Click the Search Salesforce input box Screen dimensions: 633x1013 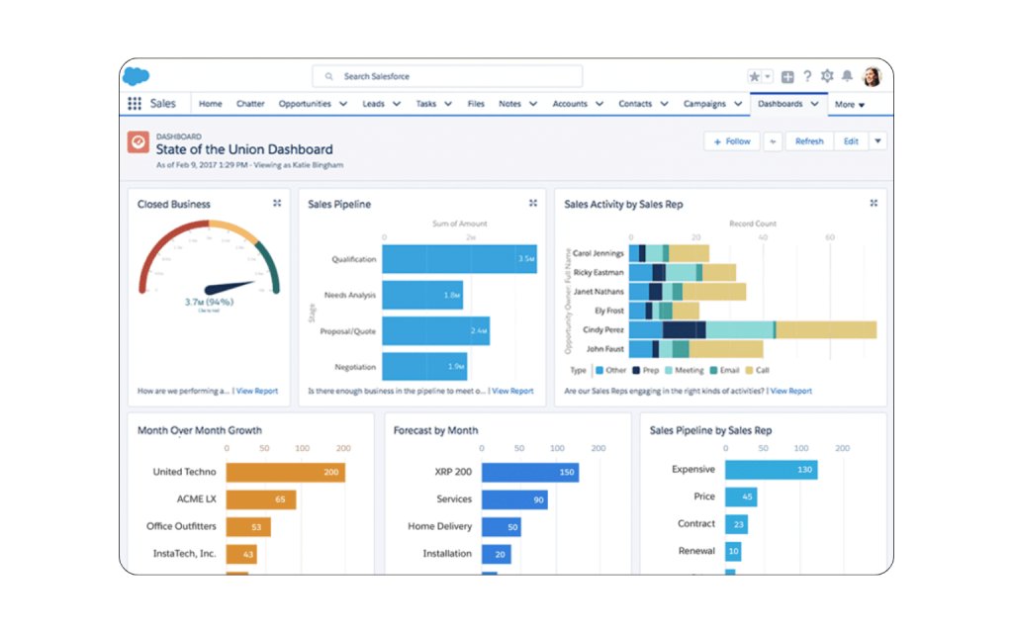(x=447, y=76)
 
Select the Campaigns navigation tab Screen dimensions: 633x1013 (x=704, y=104)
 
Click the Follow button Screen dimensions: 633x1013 (x=732, y=141)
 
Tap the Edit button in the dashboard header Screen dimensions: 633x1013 (x=851, y=141)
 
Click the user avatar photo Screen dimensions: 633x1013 (x=872, y=76)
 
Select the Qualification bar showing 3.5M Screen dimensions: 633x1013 (x=459, y=259)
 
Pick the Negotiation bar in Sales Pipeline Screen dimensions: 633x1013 (x=424, y=367)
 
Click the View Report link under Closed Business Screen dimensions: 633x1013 (x=257, y=391)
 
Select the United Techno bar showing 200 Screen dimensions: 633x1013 (x=285, y=472)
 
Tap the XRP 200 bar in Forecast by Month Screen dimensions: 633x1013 (x=529, y=472)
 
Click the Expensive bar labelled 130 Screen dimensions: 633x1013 (x=771, y=470)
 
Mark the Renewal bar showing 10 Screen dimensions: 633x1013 (x=733, y=551)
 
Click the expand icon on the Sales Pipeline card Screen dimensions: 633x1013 (x=533, y=203)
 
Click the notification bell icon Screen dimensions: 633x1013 (x=847, y=76)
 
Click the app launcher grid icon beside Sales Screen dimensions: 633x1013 (x=135, y=104)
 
